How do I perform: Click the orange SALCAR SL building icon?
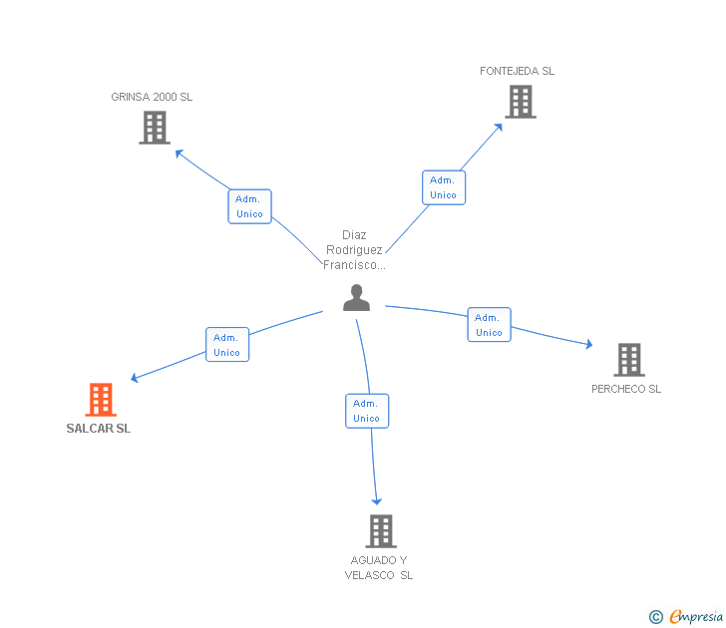pyautogui.click(x=100, y=400)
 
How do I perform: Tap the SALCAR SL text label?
pyautogui.click(x=98, y=429)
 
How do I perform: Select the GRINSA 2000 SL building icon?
pyautogui.click(x=155, y=128)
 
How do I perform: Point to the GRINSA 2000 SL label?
pyautogui.click(x=152, y=97)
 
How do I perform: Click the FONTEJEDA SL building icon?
pyautogui.click(x=520, y=102)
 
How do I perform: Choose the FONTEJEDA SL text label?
pyautogui.click(x=517, y=71)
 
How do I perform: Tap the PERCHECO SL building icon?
pyautogui.click(x=628, y=360)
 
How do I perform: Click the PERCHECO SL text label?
pyautogui.click(x=626, y=389)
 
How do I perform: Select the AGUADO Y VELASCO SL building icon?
pyautogui.click(x=380, y=531)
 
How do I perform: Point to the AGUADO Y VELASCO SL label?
pyautogui.click(x=379, y=568)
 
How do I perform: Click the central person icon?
pyautogui.click(x=356, y=298)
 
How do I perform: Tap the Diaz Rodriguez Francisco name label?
pyautogui.click(x=354, y=250)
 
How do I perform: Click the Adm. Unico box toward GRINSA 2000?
pyautogui.click(x=249, y=206)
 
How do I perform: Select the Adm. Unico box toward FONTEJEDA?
pyautogui.click(x=443, y=187)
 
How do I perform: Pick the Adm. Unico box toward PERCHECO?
pyautogui.click(x=489, y=325)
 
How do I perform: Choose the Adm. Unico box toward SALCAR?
pyautogui.click(x=226, y=345)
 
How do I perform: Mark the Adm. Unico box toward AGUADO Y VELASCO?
pyautogui.click(x=366, y=411)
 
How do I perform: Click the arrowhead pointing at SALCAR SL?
pyautogui.click(x=135, y=379)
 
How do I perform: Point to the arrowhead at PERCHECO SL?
pyautogui.click(x=588, y=345)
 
